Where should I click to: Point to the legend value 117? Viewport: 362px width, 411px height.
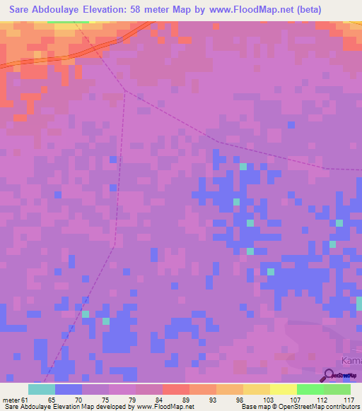[347, 400]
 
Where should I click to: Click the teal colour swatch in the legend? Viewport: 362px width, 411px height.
[42, 389]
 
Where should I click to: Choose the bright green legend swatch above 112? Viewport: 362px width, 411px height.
[310, 389]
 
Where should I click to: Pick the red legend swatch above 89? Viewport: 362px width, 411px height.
[176, 389]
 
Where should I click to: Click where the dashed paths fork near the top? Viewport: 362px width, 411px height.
[125, 90]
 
